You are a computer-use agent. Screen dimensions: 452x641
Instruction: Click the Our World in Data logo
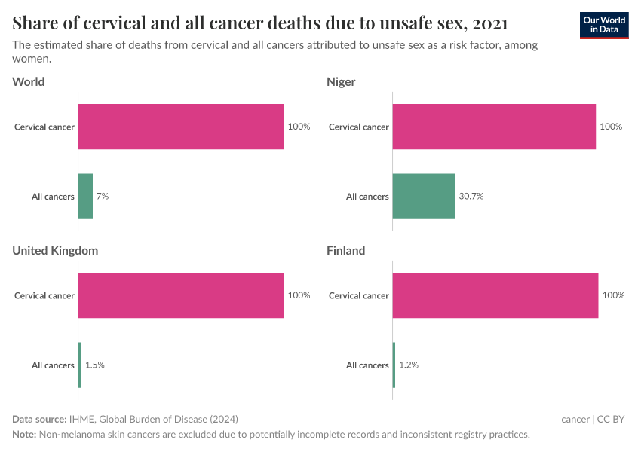click(x=603, y=25)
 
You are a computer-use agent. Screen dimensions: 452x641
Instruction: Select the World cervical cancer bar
click(x=181, y=127)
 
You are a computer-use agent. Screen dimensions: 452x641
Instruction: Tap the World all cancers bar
click(x=85, y=197)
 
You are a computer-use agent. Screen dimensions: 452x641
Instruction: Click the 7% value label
click(x=103, y=196)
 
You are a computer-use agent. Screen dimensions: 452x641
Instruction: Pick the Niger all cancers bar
click(x=424, y=197)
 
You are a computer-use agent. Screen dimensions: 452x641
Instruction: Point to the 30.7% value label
click(x=471, y=196)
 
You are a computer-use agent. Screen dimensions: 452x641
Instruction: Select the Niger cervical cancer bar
click(x=494, y=127)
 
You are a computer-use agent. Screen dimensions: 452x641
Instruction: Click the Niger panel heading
click(x=341, y=81)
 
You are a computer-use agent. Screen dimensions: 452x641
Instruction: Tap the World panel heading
click(x=29, y=81)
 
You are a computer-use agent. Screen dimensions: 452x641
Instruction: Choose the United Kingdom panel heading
click(x=55, y=250)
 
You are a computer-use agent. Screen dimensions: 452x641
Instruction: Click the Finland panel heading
click(x=345, y=250)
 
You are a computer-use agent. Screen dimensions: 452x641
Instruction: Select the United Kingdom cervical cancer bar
click(x=181, y=295)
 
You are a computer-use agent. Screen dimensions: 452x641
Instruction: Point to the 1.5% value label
click(x=95, y=365)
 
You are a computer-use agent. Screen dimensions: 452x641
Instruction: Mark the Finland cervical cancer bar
click(x=495, y=295)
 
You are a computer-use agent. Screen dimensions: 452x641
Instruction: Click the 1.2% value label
click(x=409, y=365)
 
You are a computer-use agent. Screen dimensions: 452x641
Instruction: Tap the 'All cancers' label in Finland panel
click(x=367, y=365)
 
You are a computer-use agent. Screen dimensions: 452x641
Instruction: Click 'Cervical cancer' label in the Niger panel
click(x=359, y=127)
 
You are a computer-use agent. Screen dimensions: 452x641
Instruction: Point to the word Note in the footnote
click(x=23, y=435)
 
